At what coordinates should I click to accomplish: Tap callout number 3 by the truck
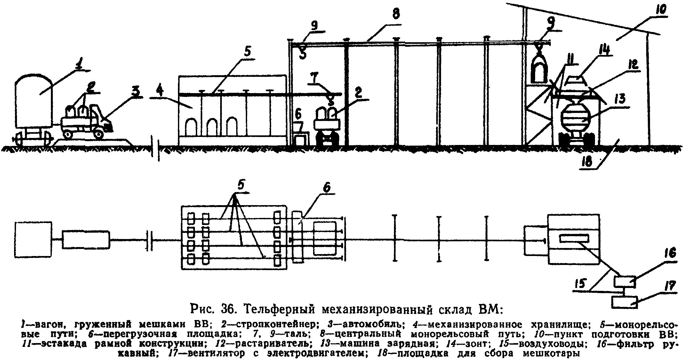point(136,92)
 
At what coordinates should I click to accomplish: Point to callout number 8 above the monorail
point(396,14)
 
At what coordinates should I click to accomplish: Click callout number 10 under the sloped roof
point(661,10)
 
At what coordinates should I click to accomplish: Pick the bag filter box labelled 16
point(624,282)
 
